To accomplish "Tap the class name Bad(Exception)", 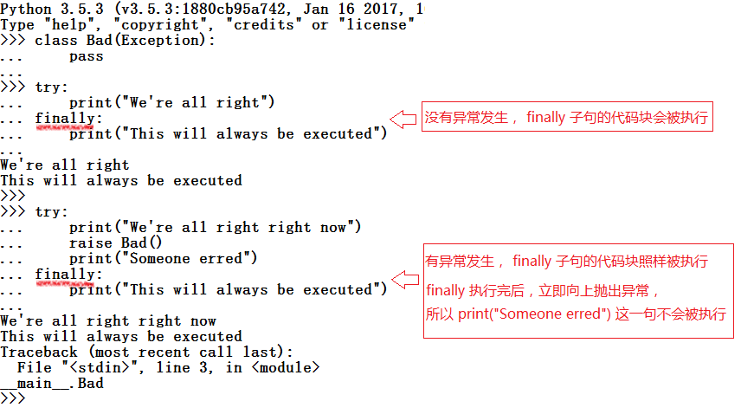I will pyautogui.click(x=146, y=41).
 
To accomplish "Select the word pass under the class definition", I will pyautogui.click(x=86, y=56).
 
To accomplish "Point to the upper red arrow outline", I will pyautogui.click(x=403, y=119).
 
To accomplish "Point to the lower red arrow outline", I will pyautogui.click(x=403, y=279).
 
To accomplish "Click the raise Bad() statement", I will pyautogui.click(x=115, y=243).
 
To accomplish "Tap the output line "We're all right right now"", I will pyautogui.click(x=108, y=320).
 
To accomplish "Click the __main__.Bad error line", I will pyautogui.click(x=52, y=383).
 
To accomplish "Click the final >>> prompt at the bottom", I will pyautogui.click(x=13, y=398).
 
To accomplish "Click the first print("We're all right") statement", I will pyautogui.click(x=171, y=102).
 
